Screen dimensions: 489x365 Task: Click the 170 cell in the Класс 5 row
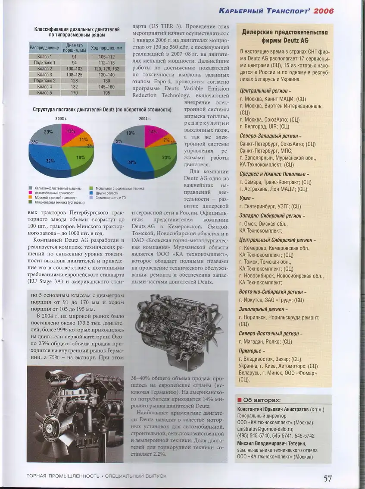[x=75, y=93]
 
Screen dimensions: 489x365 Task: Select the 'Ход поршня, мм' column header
[x=106, y=47]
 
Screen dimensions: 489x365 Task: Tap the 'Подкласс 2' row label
[x=45, y=81]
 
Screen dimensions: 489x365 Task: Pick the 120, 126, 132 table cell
[x=106, y=69]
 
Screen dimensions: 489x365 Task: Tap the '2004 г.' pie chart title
[x=145, y=118]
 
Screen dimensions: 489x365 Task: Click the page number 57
[x=328, y=478]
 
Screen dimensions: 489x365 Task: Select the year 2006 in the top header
[x=323, y=11]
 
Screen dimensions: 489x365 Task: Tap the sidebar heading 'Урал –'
[x=248, y=198]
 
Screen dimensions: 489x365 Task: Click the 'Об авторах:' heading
[x=262, y=400]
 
